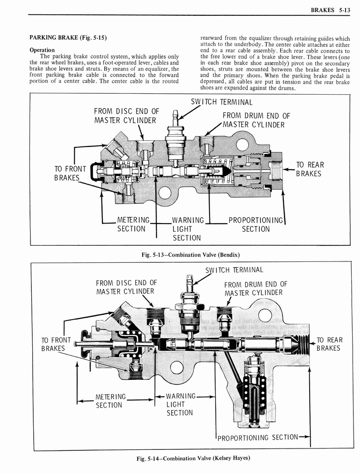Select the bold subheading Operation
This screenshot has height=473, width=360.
(x=42, y=50)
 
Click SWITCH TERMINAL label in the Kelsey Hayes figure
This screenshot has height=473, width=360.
(x=234, y=270)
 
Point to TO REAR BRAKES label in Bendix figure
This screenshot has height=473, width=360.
(x=310, y=169)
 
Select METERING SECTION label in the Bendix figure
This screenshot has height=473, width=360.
(x=131, y=224)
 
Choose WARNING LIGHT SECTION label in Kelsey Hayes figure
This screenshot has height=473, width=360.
(x=180, y=404)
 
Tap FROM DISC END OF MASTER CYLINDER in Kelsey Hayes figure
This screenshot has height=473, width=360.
(x=126, y=287)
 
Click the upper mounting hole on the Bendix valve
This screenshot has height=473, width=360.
(x=242, y=144)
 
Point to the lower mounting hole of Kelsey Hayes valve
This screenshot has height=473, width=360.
(x=177, y=368)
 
